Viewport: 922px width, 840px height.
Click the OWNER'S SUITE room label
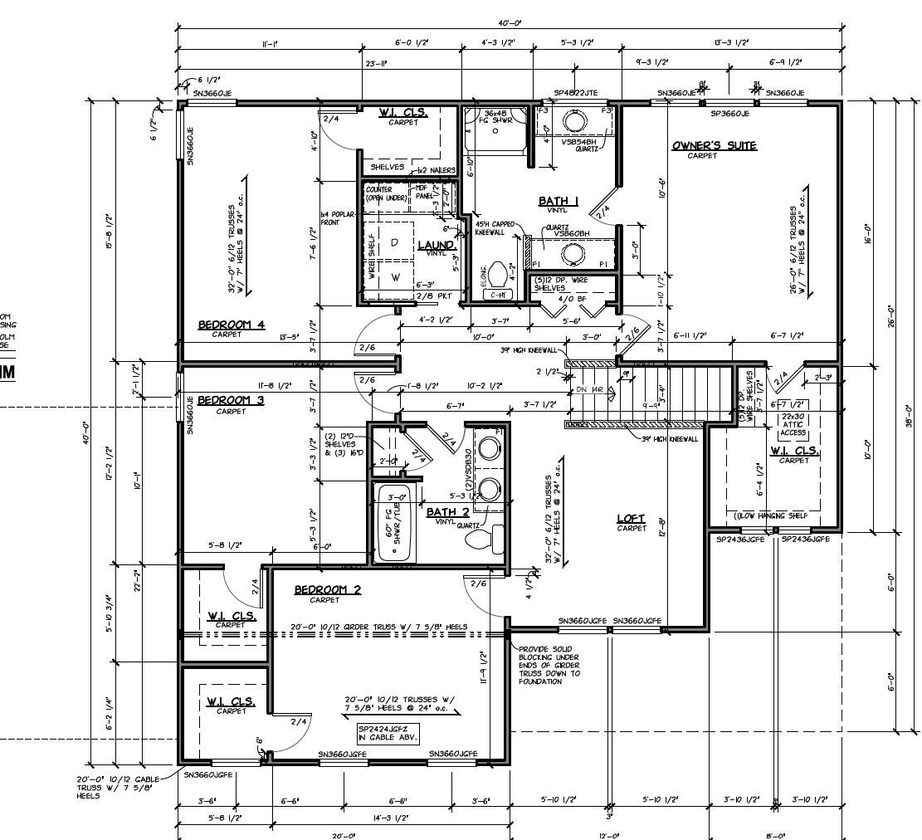pyautogui.click(x=714, y=146)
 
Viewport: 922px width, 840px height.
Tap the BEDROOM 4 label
pyautogui.click(x=232, y=325)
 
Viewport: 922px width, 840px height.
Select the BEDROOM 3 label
pyautogui.click(x=231, y=399)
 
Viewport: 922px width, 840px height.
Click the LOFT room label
pyautogui.click(x=631, y=519)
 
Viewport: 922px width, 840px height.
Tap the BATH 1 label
pyautogui.click(x=559, y=201)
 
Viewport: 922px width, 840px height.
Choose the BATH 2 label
pyautogui.click(x=447, y=512)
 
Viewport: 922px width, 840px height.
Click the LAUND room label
pyautogui.click(x=436, y=245)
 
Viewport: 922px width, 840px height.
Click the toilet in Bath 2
pyautogui.click(x=480, y=540)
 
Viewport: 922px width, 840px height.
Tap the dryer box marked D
pyautogui.click(x=395, y=242)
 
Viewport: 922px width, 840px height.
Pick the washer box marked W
pyautogui.click(x=395, y=277)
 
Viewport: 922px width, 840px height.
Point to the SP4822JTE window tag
pyautogui.click(x=575, y=93)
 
